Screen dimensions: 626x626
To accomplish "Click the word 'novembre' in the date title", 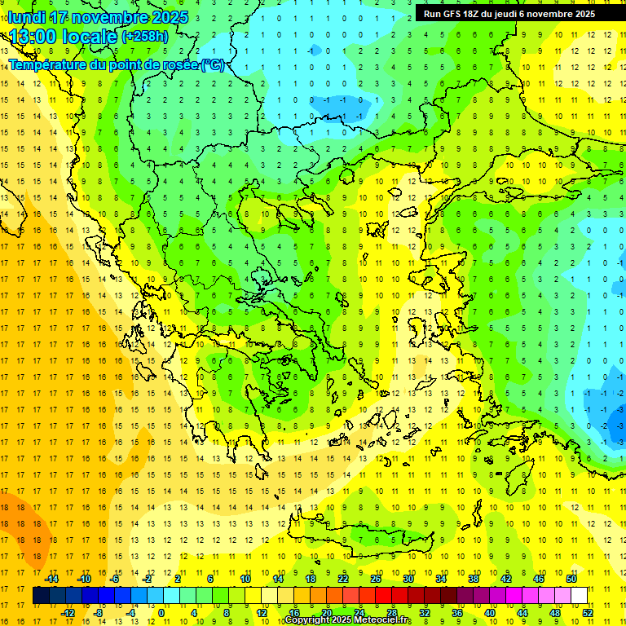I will (x=112, y=17).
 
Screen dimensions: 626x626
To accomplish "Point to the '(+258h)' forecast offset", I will (x=145, y=37).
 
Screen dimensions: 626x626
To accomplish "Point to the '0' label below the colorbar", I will (x=161, y=613).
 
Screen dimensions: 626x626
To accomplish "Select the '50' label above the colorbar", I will (x=571, y=579).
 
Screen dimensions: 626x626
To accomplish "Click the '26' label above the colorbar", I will (x=376, y=579).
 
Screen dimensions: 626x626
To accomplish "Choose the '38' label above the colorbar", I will (x=474, y=579).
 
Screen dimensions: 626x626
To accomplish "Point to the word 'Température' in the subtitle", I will (x=49, y=65).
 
